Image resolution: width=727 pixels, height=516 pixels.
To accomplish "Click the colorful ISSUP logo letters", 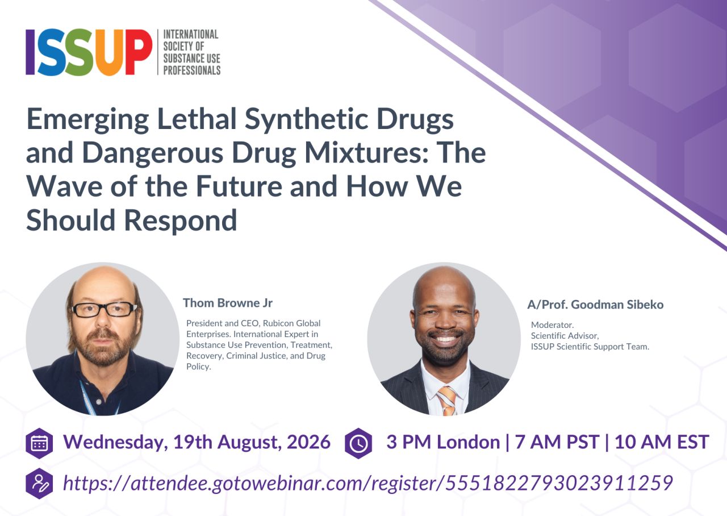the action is [89, 52].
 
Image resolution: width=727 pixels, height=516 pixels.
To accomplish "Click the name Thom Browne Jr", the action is [228, 303].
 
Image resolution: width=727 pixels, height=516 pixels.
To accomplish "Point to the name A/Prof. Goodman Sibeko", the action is [595, 305].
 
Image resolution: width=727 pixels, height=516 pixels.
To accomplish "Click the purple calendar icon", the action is [39, 443].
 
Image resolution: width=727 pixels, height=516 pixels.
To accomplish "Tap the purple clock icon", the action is [358, 443].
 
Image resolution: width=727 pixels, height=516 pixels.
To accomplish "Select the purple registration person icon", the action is [39, 484].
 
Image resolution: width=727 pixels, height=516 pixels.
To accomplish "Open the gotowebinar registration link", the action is [367, 483].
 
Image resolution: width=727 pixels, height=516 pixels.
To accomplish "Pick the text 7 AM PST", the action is [557, 442].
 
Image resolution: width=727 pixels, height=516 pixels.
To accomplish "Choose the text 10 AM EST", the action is [662, 442].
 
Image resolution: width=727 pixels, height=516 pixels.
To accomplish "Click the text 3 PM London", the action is [443, 442].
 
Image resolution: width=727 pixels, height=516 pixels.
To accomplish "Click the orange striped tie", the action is [446, 401].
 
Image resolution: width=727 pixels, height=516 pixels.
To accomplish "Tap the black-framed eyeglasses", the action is [104, 309].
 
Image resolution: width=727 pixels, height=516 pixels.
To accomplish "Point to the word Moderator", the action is [553, 324].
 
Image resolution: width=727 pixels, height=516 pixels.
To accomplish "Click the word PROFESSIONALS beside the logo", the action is [192, 70].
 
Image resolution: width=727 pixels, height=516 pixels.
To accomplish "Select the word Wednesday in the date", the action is [115, 442].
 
